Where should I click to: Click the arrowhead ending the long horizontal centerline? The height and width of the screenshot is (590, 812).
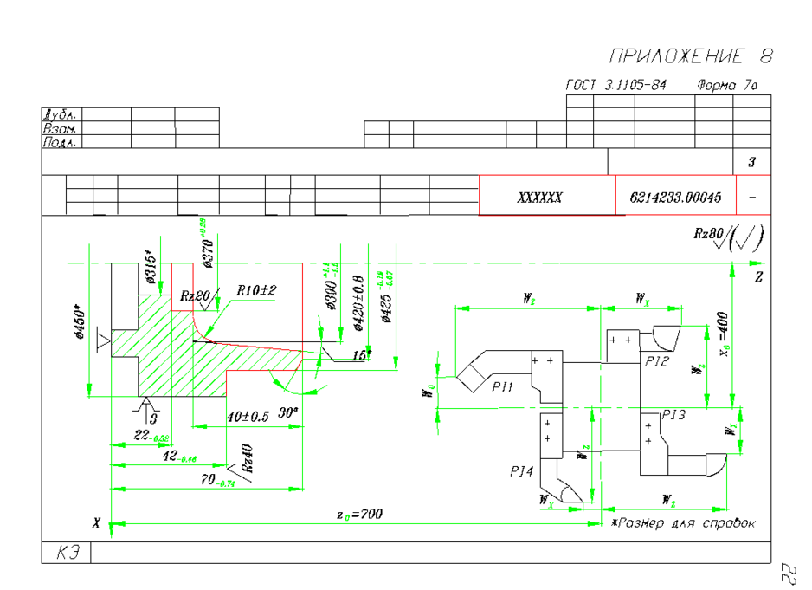[757, 263]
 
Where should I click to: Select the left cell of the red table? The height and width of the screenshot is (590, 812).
[546, 195]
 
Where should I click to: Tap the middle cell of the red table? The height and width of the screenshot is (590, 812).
[675, 195]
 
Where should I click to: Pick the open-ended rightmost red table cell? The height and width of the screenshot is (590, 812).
[753, 195]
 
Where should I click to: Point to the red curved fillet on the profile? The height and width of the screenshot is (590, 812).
[198, 328]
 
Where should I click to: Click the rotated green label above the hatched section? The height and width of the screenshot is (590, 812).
[203, 227]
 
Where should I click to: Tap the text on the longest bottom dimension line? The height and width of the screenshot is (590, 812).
[347, 518]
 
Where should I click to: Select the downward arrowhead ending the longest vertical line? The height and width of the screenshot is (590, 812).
[111, 529]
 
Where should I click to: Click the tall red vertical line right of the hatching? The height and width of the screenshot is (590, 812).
[302, 303]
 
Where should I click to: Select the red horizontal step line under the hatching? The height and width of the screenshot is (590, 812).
[260, 371]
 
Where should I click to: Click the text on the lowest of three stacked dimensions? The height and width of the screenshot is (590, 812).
[227, 483]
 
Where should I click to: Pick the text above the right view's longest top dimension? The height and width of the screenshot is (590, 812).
[532, 302]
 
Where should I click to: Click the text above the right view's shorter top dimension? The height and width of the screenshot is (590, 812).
[647, 303]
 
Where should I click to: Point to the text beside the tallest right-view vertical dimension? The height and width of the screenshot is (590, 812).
[725, 347]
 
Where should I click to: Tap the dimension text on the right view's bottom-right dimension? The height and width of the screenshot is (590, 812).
[673, 503]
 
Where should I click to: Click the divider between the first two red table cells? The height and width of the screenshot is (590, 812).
[615, 195]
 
